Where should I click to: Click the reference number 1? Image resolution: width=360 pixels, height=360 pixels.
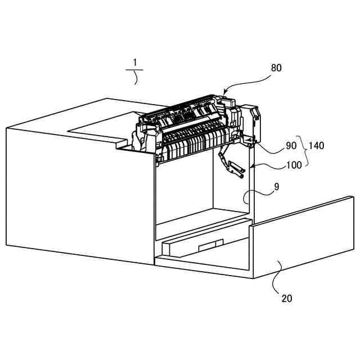[x=134, y=62]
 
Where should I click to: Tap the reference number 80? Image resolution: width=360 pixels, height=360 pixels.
[x=276, y=68]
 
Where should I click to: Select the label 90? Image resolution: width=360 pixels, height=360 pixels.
[x=291, y=146]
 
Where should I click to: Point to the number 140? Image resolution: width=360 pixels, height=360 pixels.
[x=316, y=146]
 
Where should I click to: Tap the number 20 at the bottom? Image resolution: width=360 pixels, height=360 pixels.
[x=286, y=299]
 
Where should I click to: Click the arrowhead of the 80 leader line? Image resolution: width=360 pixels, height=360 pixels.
[x=226, y=92]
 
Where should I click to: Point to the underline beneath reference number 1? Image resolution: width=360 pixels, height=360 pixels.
[x=134, y=70]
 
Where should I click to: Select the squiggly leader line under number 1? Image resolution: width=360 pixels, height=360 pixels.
[x=136, y=77]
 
